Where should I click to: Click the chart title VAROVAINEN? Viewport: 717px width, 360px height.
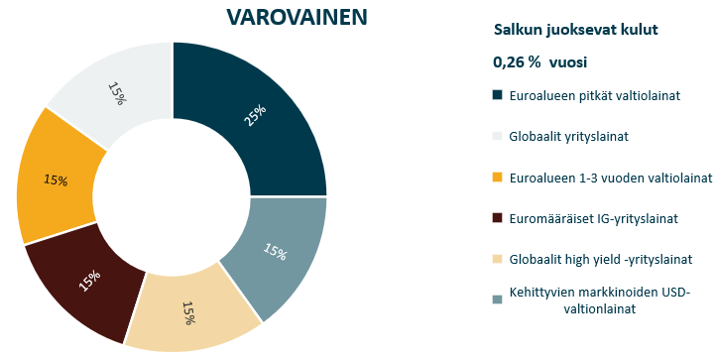point(282,17)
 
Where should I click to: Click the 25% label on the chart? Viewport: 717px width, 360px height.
point(256,116)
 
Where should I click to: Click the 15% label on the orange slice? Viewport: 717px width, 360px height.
point(55,180)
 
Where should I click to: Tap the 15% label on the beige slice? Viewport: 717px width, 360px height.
point(187,313)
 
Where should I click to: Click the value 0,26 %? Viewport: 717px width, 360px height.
point(517,62)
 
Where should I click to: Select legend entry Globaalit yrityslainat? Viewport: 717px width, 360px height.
point(571,137)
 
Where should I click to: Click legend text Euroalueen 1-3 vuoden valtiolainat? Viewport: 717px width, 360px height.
point(610,178)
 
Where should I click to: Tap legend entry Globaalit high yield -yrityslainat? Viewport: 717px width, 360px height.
point(601,258)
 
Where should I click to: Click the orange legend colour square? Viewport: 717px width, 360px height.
point(498,178)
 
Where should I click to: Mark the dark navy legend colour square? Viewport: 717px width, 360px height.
point(498,96)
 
